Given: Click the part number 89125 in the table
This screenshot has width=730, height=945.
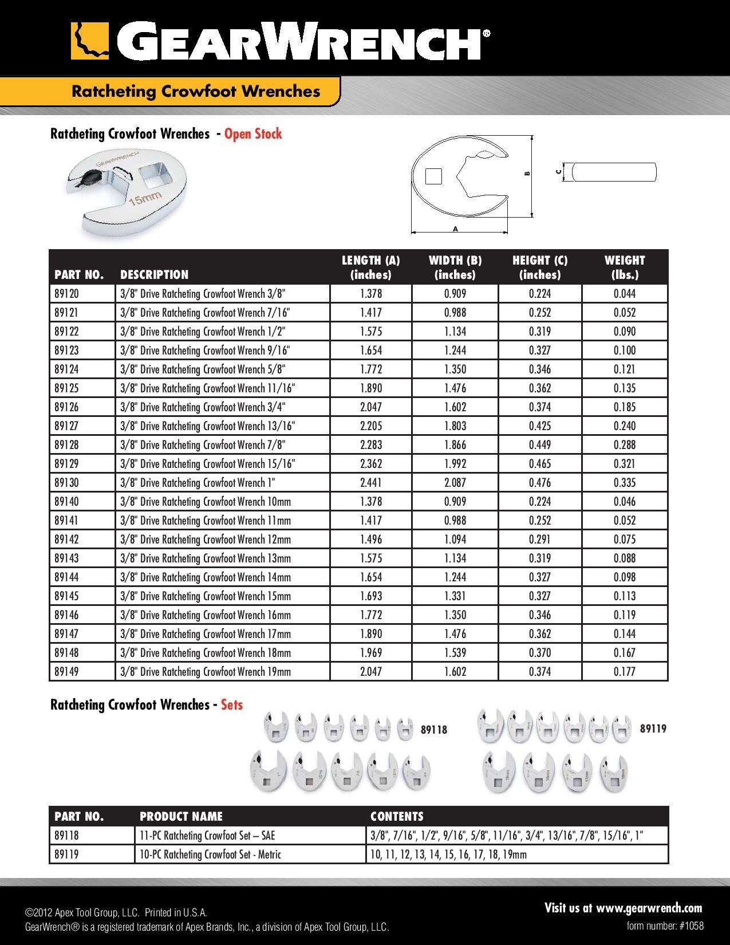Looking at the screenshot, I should coord(66,388).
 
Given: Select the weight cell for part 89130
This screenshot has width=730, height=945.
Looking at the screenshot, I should coord(624,483).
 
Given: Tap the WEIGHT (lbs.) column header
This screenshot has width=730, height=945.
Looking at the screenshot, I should coord(624,267).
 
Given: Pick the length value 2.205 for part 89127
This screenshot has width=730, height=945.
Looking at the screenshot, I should coord(370,426).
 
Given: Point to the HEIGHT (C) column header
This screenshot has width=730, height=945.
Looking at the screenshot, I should coord(540,267).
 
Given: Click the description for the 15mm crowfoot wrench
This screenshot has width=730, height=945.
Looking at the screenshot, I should coord(206,596).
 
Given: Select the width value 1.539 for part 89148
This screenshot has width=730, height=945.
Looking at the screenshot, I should coord(455,653).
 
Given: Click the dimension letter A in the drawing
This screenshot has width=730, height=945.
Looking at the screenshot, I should coord(456,229).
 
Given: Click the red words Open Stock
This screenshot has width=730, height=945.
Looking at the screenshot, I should coord(253,134).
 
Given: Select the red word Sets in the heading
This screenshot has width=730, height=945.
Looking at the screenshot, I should coord(232,705).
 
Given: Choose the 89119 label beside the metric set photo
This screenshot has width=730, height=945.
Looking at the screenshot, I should coord(653,729).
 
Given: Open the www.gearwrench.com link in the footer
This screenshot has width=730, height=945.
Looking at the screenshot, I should coord(649,908).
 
